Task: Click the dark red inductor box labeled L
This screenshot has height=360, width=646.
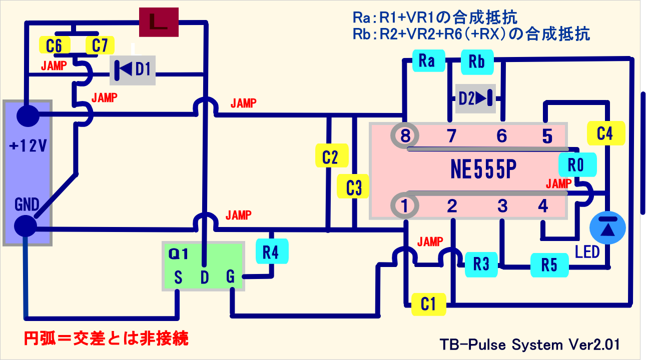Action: [159, 23]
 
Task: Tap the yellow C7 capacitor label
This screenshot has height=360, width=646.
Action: [100, 46]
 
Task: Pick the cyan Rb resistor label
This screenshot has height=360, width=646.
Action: [476, 61]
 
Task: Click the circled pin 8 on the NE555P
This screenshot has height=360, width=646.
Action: [405, 135]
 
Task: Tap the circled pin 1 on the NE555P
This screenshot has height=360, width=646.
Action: [405, 205]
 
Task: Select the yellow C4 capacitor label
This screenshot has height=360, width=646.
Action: [604, 133]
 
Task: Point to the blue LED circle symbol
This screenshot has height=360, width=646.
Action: [607, 227]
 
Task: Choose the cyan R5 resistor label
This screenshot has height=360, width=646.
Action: [549, 265]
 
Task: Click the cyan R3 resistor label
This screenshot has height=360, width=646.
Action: [481, 264]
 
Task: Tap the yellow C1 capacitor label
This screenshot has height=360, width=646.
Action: [428, 304]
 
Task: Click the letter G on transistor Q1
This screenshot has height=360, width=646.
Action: [230, 277]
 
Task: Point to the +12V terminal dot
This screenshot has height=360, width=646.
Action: [28, 116]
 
